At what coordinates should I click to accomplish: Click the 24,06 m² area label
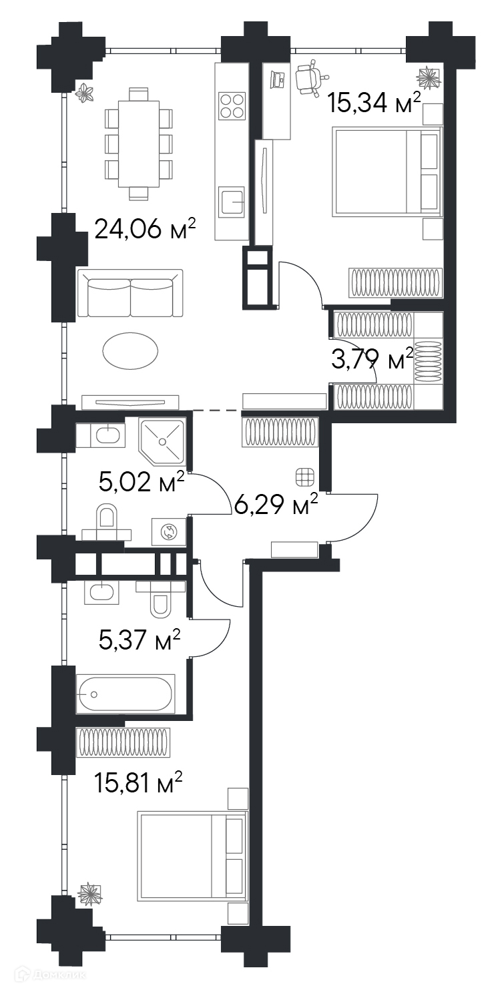tap(146, 230)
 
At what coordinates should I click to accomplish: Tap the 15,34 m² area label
tap(374, 103)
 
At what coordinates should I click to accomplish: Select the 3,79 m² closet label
tap(373, 360)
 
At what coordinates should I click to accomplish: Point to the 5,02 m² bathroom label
tap(142, 482)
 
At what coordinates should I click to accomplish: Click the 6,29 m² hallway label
tap(276, 504)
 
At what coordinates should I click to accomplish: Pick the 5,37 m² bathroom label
tap(139, 640)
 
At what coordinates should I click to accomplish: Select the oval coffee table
tap(130, 350)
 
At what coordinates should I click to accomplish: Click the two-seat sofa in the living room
tap(130, 293)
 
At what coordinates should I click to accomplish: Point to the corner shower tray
tap(162, 442)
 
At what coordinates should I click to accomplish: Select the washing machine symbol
tap(169, 531)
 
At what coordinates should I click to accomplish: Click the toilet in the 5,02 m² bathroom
tap(107, 523)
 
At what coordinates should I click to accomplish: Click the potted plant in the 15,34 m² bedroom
tap(428, 77)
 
